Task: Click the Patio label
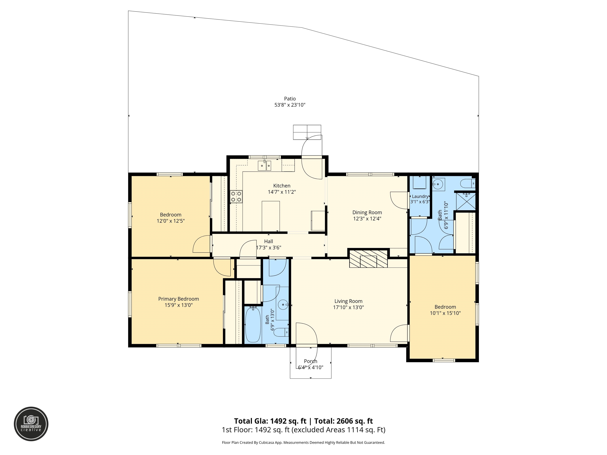[x=290, y=99]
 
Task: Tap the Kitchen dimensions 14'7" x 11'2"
[x=282, y=192]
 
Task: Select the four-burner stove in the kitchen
[x=236, y=196]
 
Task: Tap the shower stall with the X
[x=466, y=201]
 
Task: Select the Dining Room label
[x=367, y=212]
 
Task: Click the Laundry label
[x=420, y=196]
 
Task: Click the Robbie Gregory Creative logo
[x=31, y=424]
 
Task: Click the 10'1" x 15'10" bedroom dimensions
[x=445, y=313]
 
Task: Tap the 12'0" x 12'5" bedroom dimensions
[x=171, y=221]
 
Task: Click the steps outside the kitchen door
[x=307, y=132]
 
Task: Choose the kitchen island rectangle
[x=271, y=216]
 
